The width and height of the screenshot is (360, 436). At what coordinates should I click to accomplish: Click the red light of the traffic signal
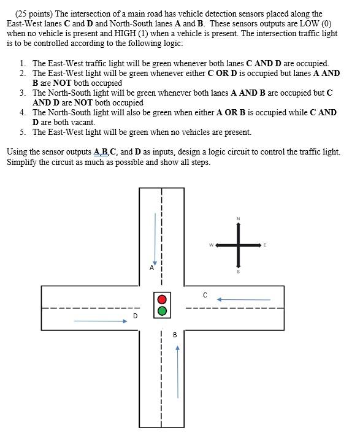click(x=162, y=299)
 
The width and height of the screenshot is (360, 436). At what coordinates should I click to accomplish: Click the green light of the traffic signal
click(x=162, y=311)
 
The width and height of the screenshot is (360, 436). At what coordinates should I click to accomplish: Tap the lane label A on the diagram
click(x=151, y=267)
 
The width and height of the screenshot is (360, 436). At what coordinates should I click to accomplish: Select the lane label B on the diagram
click(x=175, y=335)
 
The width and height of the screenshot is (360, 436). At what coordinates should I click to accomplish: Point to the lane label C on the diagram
click(x=205, y=295)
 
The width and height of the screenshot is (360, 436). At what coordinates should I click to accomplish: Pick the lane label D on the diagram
click(x=135, y=316)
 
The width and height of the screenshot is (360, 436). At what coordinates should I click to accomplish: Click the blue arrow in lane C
click(x=244, y=300)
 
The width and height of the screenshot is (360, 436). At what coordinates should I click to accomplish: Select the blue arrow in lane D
click(x=100, y=320)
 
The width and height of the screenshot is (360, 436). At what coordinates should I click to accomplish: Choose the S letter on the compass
click(x=238, y=272)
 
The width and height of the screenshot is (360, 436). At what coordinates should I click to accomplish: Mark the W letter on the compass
click(x=211, y=245)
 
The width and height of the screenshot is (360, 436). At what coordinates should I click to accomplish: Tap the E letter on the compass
click(x=265, y=245)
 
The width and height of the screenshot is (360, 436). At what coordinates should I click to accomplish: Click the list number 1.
click(x=22, y=63)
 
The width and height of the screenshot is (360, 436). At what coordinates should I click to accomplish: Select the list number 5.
click(x=22, y=132)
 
